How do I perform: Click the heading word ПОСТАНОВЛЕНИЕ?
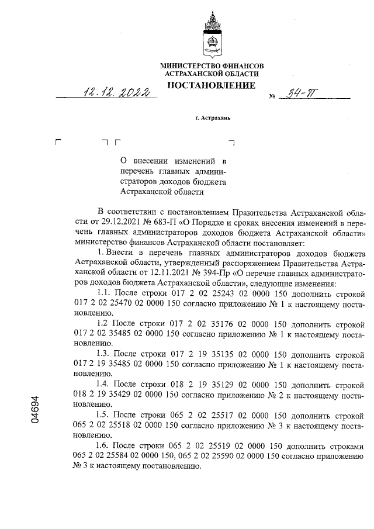[x=212, y=86]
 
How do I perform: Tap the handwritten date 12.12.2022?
[x=116, y=93]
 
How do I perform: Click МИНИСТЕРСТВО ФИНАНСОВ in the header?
[x=212, y=66]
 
